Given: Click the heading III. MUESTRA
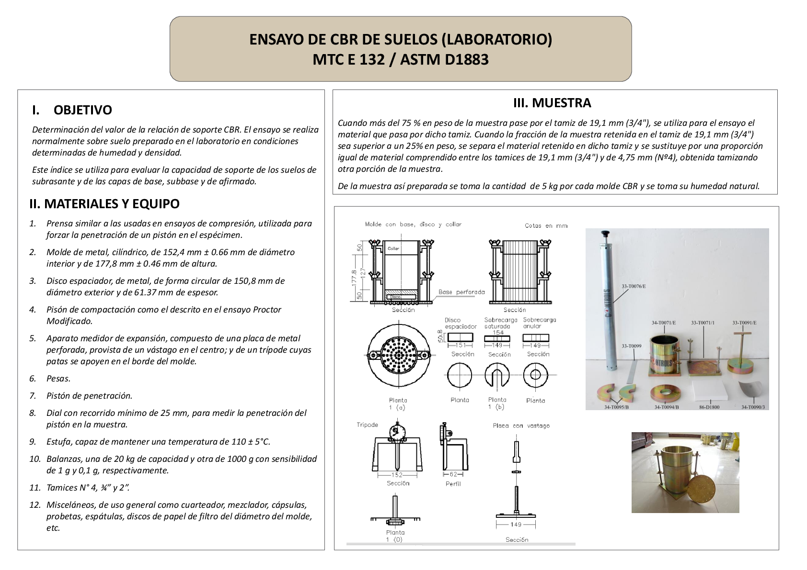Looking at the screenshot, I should click(552, 103).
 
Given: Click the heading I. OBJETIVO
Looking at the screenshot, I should click(72, 110).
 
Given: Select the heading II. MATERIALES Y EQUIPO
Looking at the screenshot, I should click(104, 204).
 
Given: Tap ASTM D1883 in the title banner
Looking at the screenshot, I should click(444, 59).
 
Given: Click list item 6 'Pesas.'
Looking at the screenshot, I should click(58, 379).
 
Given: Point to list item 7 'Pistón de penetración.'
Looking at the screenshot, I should click(89, 396).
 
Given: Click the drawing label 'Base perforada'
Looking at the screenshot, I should click(461, 292).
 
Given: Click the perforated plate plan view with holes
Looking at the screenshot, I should click(399, 355).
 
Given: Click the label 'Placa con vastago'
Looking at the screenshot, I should click(521, 425).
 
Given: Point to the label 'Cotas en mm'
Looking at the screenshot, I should click(546, 225).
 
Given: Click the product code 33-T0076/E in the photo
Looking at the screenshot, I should click(634, 286).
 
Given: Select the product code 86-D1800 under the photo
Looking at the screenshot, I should click(709, 407).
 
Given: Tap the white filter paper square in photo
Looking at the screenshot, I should click(710, 388).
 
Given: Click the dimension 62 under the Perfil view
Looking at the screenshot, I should click(453, 474).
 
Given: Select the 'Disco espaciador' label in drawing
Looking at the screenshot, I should click(460, 323).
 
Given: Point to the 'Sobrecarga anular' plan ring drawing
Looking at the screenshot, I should click(535, 375).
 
